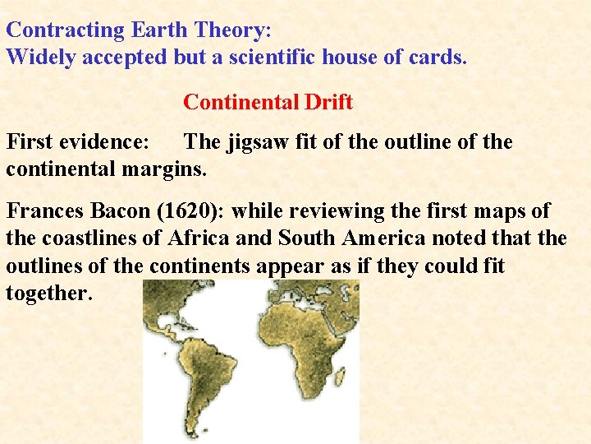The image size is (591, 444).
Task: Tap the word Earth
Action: point(158,30)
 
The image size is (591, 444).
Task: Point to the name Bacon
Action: point(125,211)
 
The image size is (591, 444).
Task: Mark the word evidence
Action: point(106,142)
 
